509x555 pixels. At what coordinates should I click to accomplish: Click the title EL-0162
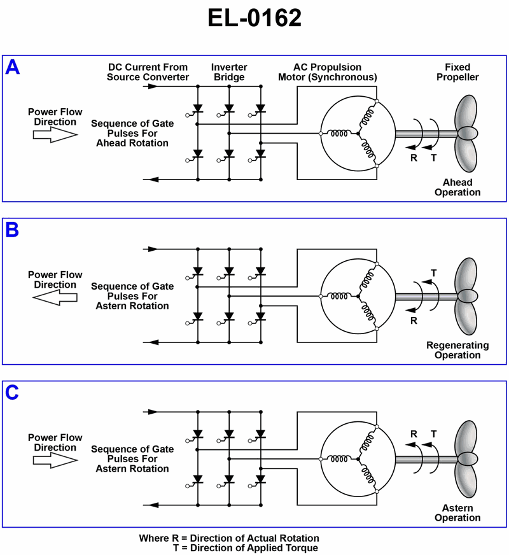(254, 18)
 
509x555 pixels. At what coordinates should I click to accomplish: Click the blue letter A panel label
(13, 67)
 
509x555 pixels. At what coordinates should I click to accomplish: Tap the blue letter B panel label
(13, 230)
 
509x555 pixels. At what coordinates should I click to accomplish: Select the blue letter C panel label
(13, 393)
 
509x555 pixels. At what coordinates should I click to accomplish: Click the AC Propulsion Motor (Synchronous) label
(327, 72)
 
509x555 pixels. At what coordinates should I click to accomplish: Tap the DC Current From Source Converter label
(148, 72)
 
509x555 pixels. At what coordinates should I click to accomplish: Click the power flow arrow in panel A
(55, 134)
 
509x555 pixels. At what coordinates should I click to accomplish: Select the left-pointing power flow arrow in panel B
(55, 297)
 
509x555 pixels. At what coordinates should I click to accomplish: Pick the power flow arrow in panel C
(55, 460)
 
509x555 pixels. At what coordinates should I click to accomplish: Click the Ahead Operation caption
(457, 187)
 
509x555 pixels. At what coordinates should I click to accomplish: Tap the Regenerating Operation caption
(457, 350)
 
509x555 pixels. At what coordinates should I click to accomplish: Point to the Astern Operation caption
(457, 513)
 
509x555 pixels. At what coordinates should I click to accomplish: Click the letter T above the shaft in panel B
(434, 273)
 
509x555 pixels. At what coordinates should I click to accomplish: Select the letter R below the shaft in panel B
(414, 321)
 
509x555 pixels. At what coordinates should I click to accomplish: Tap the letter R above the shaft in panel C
(414, 434)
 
